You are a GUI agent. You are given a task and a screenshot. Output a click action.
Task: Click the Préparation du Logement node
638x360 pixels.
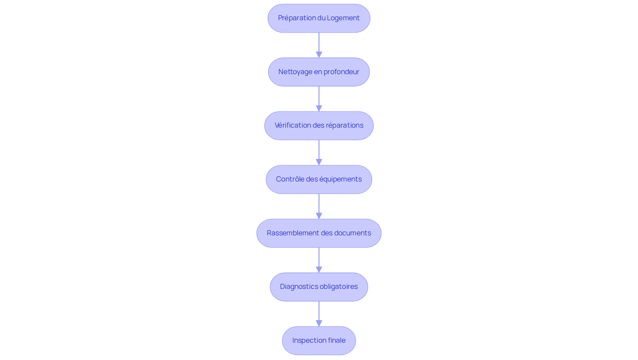coord(319,18)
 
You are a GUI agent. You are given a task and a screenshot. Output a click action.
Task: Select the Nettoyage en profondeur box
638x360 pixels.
coord(319,72)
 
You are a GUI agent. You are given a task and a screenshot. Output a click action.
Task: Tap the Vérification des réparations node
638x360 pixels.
coord(319,126)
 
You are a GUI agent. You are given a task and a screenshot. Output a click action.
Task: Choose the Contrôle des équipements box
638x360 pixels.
coord(319,180)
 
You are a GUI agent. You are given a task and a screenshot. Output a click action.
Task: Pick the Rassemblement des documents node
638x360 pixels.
coord(319,233)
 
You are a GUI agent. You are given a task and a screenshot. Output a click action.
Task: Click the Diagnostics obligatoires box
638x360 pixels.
coord(319,287)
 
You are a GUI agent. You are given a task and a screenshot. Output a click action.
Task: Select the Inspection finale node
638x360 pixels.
coord(319,341)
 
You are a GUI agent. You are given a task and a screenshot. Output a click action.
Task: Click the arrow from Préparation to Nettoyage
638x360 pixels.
coord(319,45)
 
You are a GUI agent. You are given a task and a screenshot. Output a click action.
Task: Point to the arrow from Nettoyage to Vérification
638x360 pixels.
coord(319,99)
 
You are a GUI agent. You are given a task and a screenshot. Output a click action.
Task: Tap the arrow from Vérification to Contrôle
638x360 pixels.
coord(319,153)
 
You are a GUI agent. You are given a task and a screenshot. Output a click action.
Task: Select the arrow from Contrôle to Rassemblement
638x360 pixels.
coord(319,206)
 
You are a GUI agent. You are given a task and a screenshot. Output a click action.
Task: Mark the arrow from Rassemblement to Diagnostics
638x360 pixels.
coord(319,260)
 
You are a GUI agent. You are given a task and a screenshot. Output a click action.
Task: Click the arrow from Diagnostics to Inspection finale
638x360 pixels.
coord(319,314)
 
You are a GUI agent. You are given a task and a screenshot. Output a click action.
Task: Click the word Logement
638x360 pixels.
coord(343,18)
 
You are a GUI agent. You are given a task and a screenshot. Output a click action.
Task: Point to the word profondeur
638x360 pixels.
coord(341,72)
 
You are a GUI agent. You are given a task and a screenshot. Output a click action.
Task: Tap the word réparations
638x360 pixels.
coord(345,125)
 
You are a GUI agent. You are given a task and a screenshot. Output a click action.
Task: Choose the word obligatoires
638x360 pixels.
coord(339,287)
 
